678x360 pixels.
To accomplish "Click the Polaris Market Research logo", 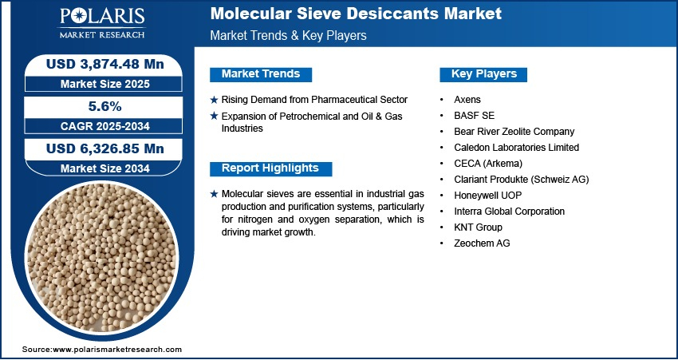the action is point(102,23).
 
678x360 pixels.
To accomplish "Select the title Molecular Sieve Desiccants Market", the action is point(356,14).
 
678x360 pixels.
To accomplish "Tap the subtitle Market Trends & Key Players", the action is point(288,35).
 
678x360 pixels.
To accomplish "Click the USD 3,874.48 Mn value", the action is point(105,64).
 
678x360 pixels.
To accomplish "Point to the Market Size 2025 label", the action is point(105,84).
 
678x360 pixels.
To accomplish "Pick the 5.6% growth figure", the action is point(105,106).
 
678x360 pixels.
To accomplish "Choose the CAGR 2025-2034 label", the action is point(105,126).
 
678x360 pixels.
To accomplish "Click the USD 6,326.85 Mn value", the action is point(105,148).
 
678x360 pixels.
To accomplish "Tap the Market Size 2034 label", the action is point(105,168).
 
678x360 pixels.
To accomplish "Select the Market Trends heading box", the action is point(261,74).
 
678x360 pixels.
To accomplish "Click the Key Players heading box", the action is point(483,74).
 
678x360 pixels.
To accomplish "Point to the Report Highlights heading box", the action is point(270,168).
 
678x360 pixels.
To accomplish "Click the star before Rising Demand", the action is point(214,100).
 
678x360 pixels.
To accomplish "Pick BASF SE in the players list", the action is point(474,116).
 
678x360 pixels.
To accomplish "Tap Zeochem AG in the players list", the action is point(482,243).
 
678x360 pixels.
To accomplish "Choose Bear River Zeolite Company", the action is point(514,132).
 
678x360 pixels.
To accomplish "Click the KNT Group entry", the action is point(478,227).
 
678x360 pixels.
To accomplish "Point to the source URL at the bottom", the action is point(102,349).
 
